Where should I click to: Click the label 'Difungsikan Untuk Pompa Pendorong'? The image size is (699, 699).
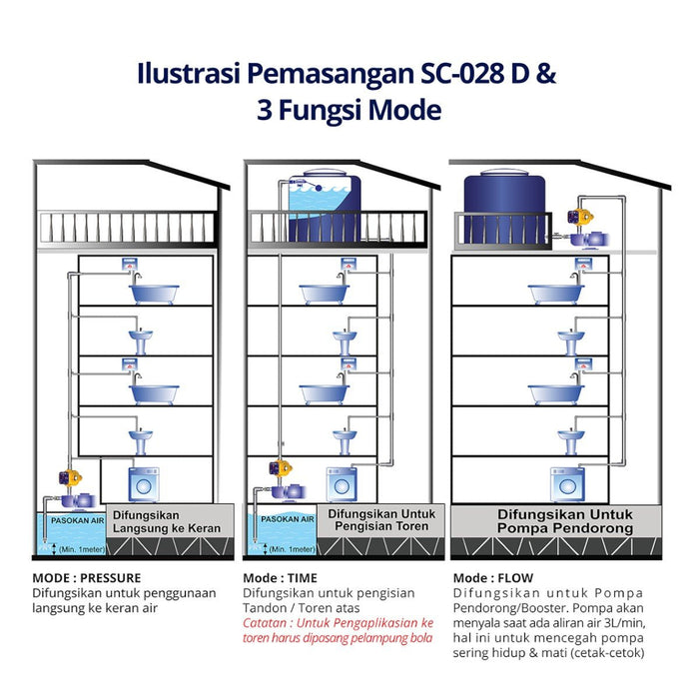pyautogui.click(x=552, y=521)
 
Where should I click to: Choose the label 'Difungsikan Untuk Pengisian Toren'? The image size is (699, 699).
pyautogui.click(x=372, y=519)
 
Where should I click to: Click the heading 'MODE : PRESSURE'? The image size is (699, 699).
pyautogui.click(x=86, y=578)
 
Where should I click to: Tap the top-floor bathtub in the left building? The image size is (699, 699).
pyautogui.click(x=155, y=292)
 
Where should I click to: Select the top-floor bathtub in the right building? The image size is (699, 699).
pyautogui.click(x=555, y=292)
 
